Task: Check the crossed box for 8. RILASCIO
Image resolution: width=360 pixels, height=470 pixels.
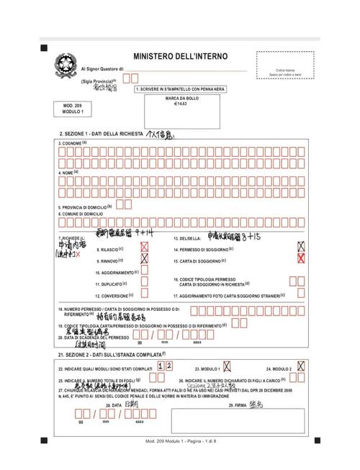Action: tap(145, 248)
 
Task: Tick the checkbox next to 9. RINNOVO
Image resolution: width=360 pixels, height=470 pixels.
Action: tap(145, 259)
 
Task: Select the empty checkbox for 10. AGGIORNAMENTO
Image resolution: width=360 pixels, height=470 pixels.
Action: tap(145, 271)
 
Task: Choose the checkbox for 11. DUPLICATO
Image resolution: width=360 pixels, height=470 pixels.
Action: tap(145, 283)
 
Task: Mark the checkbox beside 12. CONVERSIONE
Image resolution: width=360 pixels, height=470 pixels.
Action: tap(145, 295)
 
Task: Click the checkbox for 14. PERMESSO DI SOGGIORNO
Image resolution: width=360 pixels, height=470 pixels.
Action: tap(301, 247)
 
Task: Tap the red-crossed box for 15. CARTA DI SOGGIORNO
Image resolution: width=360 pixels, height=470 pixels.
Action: tap(301, 259)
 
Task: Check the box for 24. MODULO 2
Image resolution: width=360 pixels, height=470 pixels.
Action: tap(300, 366)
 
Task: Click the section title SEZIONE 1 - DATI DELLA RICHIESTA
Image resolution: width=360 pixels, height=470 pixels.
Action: tap(101, 135)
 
